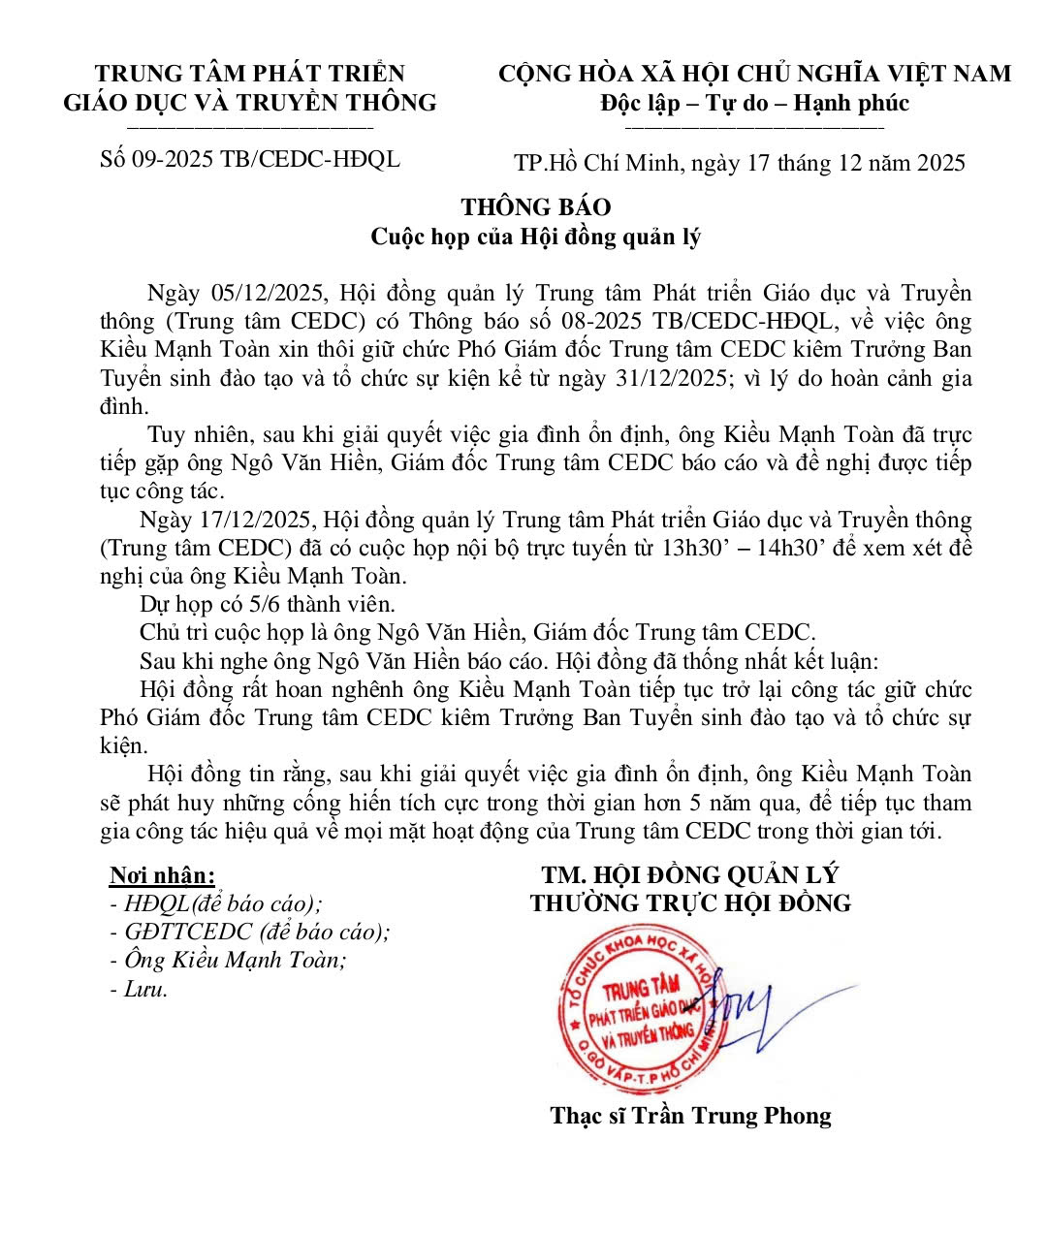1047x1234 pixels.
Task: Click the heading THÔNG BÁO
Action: click(535, 206)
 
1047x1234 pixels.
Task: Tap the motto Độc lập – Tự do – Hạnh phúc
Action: click(754, 102)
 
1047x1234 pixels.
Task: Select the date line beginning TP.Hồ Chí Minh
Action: click(740, 162)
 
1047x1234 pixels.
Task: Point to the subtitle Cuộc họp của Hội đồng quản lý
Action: click(536, 237)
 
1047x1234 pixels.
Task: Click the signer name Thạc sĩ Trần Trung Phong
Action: click(690, 1115)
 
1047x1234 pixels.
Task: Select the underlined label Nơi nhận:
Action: click(162, 875)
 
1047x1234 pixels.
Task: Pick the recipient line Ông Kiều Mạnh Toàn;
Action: click(236, 960)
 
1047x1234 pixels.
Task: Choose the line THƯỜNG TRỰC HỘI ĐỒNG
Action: click(690, 903)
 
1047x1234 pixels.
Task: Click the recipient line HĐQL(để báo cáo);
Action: click(223, 903)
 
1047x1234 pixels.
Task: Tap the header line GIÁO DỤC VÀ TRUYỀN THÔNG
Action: click(250, 102)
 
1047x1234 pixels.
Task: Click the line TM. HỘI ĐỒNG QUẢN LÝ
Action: click(690, 874)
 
